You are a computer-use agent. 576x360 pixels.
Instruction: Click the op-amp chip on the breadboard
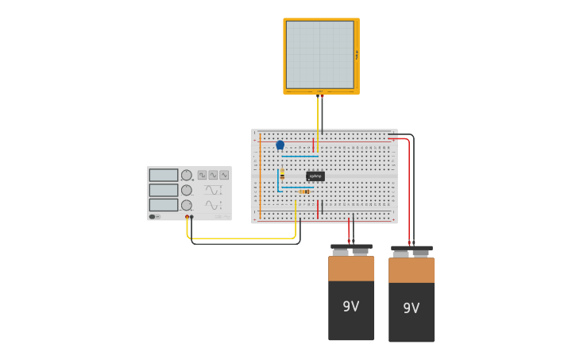click(315, 176)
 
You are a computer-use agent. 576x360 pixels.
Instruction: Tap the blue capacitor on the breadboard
click(280, 145)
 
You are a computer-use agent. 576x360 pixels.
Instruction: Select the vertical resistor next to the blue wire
click(282, 174)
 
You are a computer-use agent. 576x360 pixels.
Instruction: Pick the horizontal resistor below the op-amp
click(304, 192)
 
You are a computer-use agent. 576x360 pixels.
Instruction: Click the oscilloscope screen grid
click(319, 54)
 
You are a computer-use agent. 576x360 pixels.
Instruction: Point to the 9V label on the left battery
click(351, 306)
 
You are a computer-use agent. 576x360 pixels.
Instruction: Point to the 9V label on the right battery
click(411, 308)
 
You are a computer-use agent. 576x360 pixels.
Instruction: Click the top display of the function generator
click(163, 175)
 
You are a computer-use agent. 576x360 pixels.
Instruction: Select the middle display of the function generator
click(163, 190)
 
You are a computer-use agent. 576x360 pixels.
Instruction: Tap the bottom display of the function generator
click(163, 204)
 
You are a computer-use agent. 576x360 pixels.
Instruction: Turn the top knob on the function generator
click(186, 175)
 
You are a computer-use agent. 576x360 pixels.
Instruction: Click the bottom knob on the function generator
click(186, 204)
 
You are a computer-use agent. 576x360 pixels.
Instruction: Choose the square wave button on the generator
click(202, 175)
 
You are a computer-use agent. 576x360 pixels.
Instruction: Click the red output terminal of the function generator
click(187, 217)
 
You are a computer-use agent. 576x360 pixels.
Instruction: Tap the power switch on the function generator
click(154, 216)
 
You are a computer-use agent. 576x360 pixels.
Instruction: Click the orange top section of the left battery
click(351, 269)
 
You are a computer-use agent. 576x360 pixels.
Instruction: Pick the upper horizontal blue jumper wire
click(300, 156)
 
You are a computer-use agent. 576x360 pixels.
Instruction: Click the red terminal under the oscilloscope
click(321, 96)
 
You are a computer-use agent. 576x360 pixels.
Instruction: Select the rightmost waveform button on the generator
click(224, 175)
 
